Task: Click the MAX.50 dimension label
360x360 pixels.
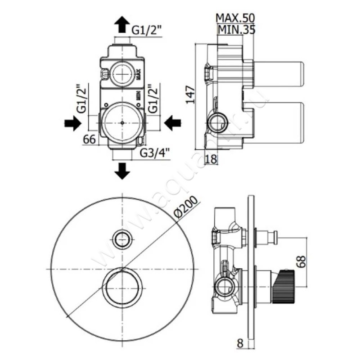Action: [x=235, y=18]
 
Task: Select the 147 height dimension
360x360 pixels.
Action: [x=190, y=94]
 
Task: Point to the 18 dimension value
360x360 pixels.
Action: [x=211, y=159]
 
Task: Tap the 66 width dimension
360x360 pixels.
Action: [x=90, y=139]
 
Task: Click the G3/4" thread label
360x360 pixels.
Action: [x=156, y=153]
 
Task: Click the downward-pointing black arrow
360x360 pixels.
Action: [x=122, y=171]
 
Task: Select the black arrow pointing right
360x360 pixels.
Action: [x=72, y=123]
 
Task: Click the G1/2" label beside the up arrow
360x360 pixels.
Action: [x=147, y=31]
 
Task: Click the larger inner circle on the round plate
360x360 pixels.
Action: [x=123, y=288]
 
